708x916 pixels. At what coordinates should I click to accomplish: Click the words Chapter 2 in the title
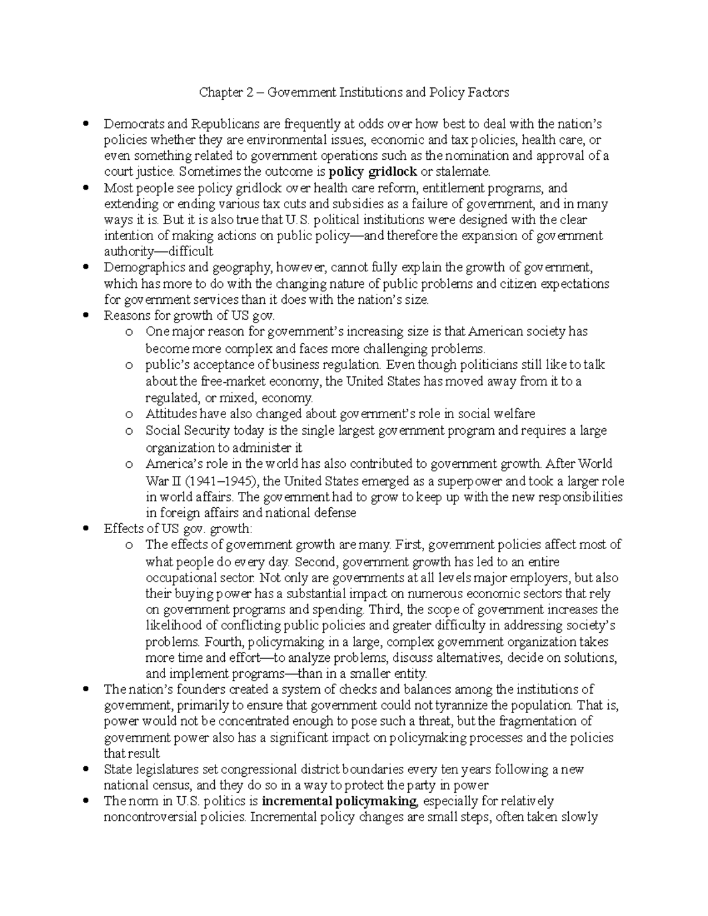[222, 93]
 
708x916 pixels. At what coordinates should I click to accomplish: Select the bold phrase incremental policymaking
[339, 802]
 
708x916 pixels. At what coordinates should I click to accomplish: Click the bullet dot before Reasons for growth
[87, 316]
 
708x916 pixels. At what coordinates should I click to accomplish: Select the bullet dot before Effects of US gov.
[87, 528]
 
